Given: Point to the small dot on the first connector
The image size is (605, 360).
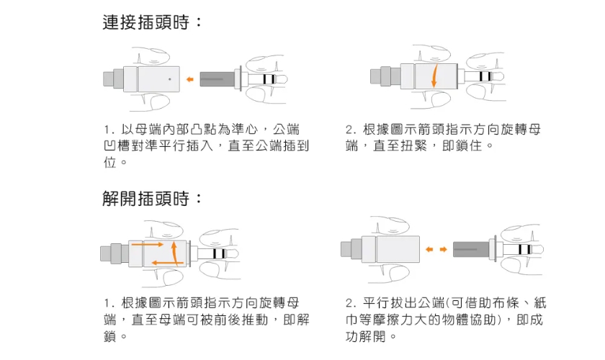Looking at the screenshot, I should pyautogui.click(x=169, y=78).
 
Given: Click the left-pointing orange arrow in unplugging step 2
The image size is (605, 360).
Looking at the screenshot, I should pyautogui.click(x=429, y=249).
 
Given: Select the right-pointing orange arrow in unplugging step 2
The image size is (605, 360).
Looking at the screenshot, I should pyautogui.click(x=444, y=249).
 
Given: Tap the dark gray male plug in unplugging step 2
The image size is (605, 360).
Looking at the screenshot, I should pyautogui.click(x=471, y=249).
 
